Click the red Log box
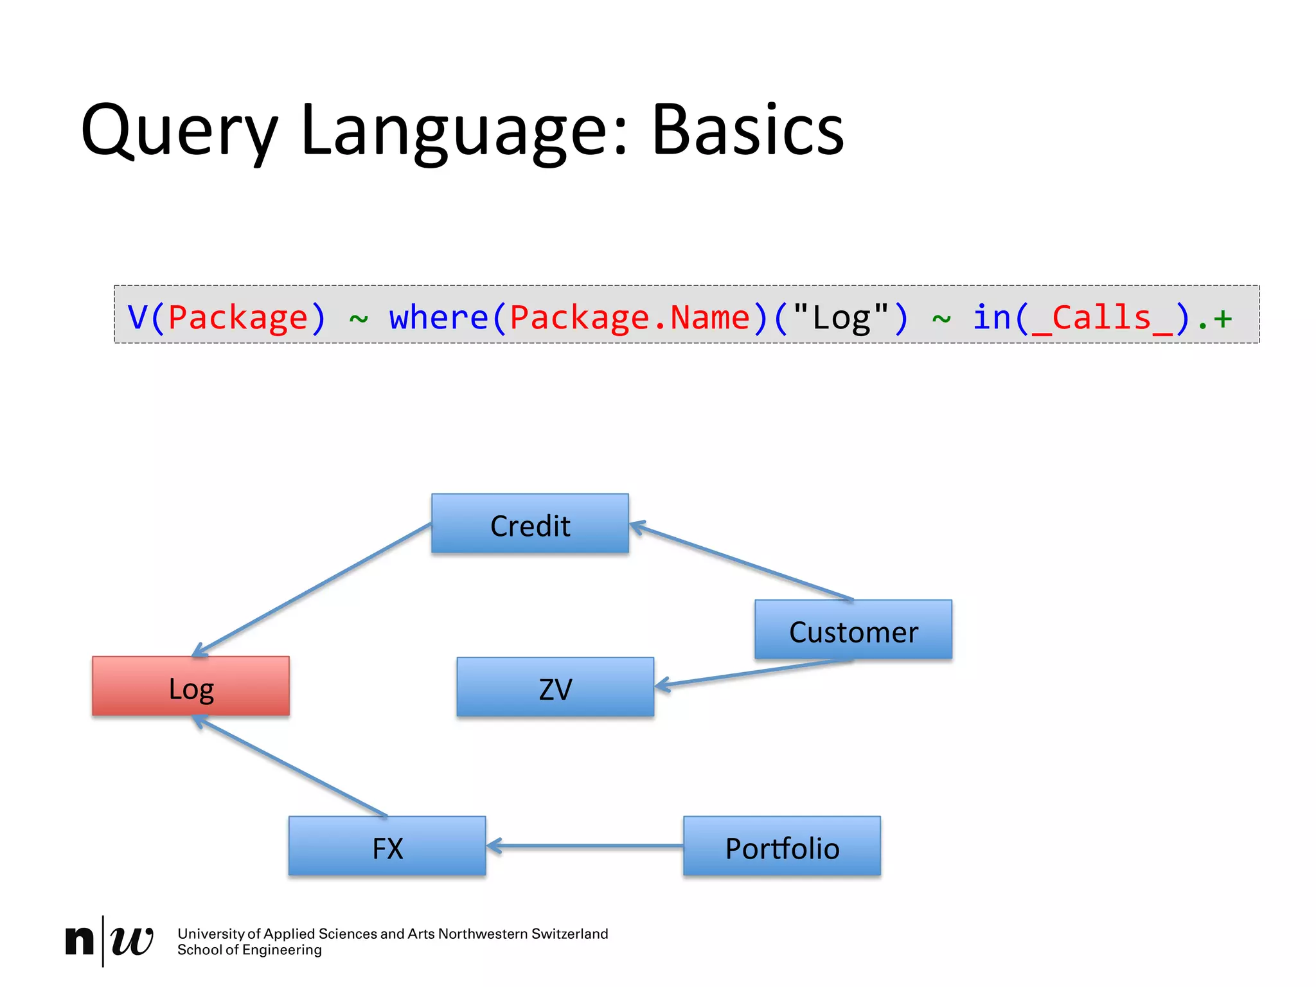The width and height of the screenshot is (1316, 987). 191,686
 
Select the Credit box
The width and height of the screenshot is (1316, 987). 530,524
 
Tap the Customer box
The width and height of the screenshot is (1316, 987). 853,630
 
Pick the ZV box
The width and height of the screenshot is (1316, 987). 555,687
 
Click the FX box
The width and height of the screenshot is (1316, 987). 387,846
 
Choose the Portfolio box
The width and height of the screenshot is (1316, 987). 782,846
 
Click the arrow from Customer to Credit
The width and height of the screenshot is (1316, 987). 742,563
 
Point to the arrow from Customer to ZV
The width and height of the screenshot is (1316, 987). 752,673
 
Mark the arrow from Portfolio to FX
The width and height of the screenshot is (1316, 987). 585,846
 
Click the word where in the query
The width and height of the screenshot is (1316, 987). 438,317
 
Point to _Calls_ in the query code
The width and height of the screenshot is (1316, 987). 1102,317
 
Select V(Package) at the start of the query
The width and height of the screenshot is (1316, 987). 227,317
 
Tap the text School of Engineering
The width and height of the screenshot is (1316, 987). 249,950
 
